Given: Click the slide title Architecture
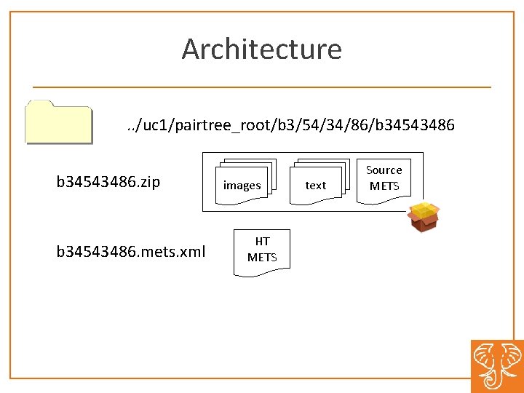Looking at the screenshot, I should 261,49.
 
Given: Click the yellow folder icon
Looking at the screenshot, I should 58,122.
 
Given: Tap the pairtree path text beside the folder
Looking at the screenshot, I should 290,125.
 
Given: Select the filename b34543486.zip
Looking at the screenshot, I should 108,181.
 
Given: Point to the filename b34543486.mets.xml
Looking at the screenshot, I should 131,252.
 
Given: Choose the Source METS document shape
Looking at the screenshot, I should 384,178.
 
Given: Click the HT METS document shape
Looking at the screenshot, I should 261,251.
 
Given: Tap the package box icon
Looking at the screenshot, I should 424,217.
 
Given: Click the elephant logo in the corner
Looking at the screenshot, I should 497,366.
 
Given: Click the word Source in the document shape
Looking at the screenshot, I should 384,170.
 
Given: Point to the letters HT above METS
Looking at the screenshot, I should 262,242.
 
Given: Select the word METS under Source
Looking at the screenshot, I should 384,186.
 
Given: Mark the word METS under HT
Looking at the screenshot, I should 262,257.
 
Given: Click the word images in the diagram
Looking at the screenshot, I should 242,186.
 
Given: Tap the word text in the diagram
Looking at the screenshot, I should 315,186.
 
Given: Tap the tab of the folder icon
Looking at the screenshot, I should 39,103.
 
